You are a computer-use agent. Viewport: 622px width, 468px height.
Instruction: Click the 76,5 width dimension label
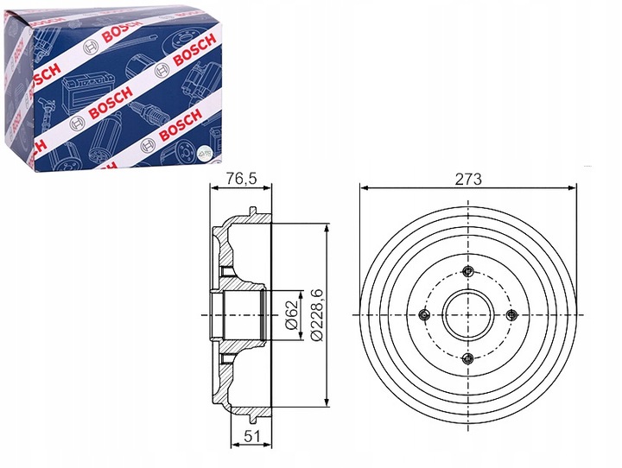click(x=241, y=179)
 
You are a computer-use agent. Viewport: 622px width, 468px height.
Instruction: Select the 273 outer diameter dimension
click(x=468, y=180)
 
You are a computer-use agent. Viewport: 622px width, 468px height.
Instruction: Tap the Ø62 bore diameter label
click(x=292, y=315)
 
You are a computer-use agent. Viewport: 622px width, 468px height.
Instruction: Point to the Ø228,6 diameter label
click(x=317, y=315)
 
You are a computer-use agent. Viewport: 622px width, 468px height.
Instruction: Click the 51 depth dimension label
click(x=251, y=436)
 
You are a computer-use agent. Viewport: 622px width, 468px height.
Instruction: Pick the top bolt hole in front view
click(x=468, y=271)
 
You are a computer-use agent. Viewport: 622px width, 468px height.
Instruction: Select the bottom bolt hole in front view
click(x=468, y=359)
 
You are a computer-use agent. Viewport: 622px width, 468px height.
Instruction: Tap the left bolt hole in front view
click(x=424, y=315)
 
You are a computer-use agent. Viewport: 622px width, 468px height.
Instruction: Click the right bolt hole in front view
click(x=512, y=315)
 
